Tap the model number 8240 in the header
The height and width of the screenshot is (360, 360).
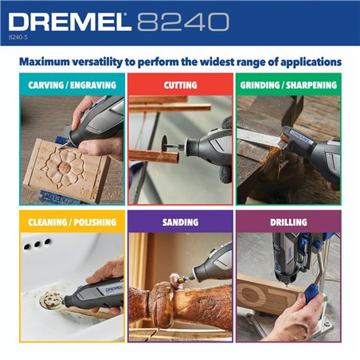click(x=182, y=22)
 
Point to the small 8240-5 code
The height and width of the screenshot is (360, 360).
click(x=18, y=37)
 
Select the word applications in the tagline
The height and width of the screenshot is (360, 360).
click(x=302, y=61)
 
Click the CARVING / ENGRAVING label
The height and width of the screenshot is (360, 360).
click(x=72, y=84)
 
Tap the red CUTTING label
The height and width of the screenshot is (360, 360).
click(x=180, y=84)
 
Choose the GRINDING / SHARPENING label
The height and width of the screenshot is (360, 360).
click(x=288, y=84)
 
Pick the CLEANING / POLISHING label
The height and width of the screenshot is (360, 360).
click(x=72, y=221)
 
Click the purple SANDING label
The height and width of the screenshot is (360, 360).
click(x=180, y=221)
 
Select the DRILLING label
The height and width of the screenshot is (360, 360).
click(x=288, y=221)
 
